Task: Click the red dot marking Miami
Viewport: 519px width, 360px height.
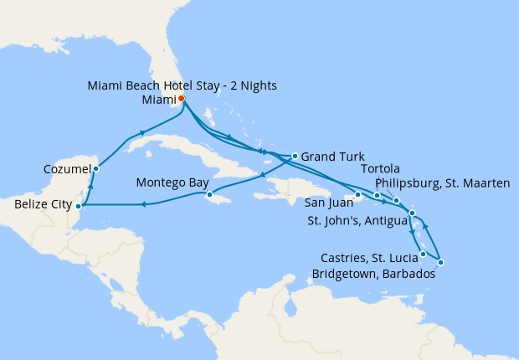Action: pos(182,98)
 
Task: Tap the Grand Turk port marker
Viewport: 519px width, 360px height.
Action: pos(295,156)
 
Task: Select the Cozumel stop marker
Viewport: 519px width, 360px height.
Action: pos(96,169)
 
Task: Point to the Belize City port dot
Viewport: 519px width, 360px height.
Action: pos(78,205)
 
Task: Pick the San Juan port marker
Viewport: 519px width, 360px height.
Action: pos(357,195)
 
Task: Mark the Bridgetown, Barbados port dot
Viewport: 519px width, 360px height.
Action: pos(440,263)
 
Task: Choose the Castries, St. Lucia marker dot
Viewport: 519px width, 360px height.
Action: pos(424,254)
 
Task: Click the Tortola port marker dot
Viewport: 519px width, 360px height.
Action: pos(378,196)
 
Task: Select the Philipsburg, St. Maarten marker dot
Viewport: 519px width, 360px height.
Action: pos(396,201)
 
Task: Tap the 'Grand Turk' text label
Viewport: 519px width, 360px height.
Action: pos(331,157)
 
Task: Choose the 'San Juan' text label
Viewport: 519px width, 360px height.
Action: pos(326,203)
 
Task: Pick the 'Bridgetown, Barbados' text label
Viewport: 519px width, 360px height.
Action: pos(373,274)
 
